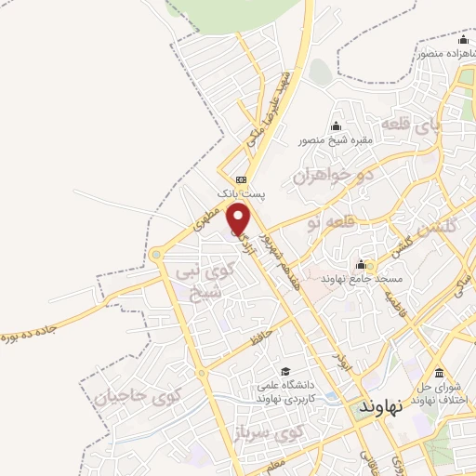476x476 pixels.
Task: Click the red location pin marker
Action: point(240,218)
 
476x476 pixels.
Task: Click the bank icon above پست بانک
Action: point(242,179)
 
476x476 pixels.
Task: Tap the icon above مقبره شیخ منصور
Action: point(336,126)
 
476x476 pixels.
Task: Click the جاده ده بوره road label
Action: point(37,325)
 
